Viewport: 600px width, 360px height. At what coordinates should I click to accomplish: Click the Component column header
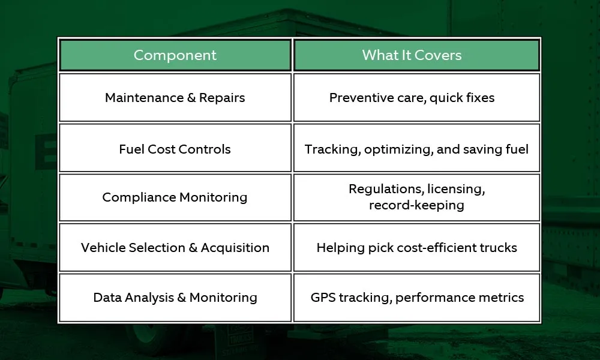tap(175, 55)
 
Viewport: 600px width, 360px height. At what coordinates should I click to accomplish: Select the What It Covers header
tap(416, 55)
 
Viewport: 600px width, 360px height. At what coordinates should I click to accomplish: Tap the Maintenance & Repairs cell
tap(175, 98)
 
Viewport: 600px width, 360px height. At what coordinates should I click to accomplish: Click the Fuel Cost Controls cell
tap(175, 149)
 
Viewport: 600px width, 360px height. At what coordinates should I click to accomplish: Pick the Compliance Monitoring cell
tap(175, 197)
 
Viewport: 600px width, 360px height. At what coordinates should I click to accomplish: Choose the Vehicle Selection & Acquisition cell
tap(175, 248)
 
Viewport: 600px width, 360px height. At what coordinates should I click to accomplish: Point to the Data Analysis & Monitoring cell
tap(175, 298)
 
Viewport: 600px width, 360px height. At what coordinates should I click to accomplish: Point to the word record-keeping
tap(416, 205)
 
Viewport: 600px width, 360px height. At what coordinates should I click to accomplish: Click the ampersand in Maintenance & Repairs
tap(191, 98)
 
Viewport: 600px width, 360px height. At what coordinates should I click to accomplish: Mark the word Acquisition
tap(235, 248)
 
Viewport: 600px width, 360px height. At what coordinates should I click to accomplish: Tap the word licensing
tap(456, 190)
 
